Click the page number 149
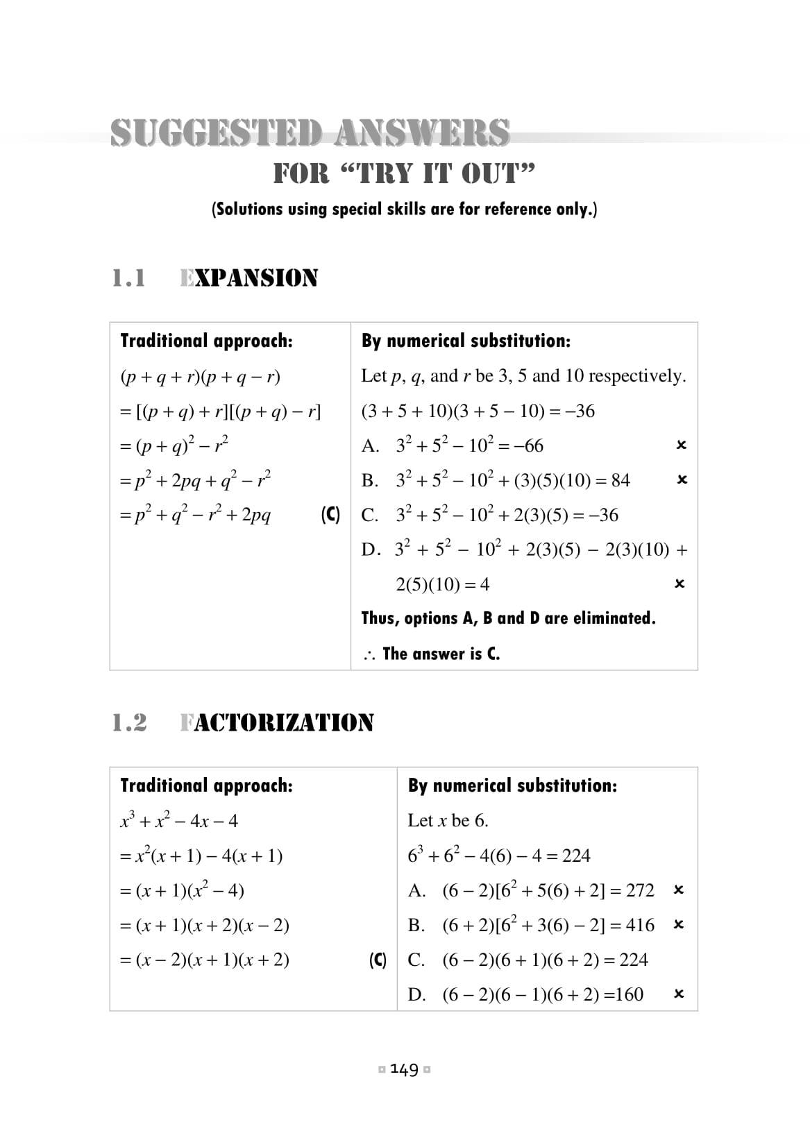[x=405, y=1069]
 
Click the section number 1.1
[x=129, y=278]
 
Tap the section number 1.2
[x=130, y=723]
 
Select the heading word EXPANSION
[x=248, y=278]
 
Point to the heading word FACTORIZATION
[x=276, y=723]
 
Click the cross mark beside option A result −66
[x=681, y=445]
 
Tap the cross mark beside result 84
[x=682, y=479]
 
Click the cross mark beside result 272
[x=679, y=890]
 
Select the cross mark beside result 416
[x=679, y=924]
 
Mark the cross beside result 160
[x=679, y=994]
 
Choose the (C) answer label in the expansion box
[x=330, y=515]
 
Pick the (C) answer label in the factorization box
[x=378, y=960]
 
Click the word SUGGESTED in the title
[x=216, y=133]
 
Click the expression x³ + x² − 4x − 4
[x=179, y=821]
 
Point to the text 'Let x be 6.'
[x=448, y=821]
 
